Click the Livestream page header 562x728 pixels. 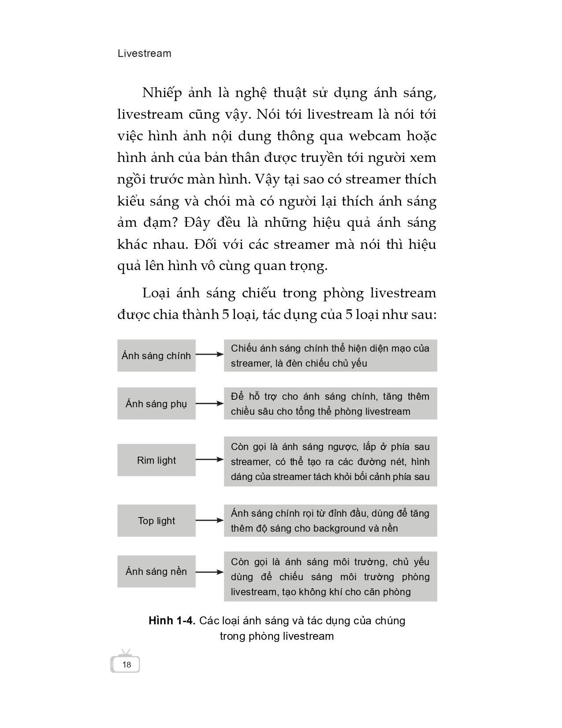coord(145,53)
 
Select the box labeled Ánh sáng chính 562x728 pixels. coord(156,356)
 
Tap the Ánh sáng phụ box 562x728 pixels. coord(156,404)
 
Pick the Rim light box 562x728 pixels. coord(156,460)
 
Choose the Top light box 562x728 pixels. coord(156,521)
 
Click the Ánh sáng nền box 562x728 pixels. coord(156,571)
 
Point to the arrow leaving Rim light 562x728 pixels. coord(210,460)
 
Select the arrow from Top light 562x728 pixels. coord(210,521)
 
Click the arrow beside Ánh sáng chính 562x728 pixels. coord(210,354)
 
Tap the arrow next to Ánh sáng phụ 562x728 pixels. coord(210,403)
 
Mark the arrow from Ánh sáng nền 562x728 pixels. coord(210,572)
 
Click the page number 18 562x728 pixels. coord(127,665)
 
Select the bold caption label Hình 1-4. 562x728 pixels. coord(172,621)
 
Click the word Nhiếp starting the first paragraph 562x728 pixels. coord(162,93)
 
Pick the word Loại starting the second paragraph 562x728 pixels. coord(156,293)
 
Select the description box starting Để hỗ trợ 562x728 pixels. coord(330,404)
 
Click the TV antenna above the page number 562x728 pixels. coord(126,652)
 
